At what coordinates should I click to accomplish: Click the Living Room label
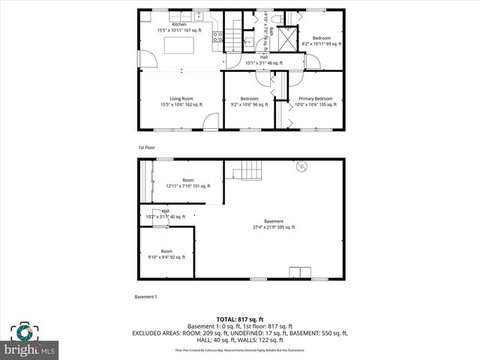[181, 102]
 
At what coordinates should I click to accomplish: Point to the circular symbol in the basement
[301, 166]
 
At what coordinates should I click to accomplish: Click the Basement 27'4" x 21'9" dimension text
[273, 227]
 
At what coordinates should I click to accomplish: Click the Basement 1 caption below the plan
[145, 297]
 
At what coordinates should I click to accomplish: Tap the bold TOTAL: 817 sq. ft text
[239, 319]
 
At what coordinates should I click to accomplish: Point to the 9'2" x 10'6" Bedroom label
[249, 102]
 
